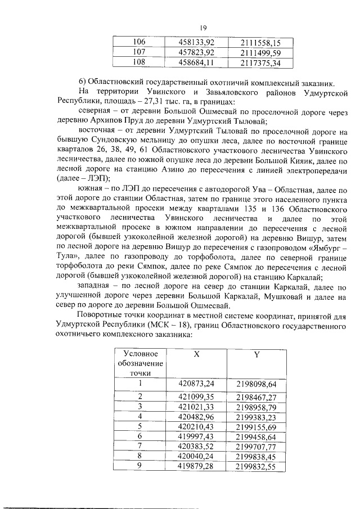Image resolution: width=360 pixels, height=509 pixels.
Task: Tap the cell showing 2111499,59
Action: [260, 52]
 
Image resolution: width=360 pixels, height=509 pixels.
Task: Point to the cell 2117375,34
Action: [260, 62]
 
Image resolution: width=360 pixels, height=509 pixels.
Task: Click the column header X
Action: [196, 355]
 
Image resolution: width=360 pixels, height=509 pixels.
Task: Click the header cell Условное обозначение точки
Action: [137, 363]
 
